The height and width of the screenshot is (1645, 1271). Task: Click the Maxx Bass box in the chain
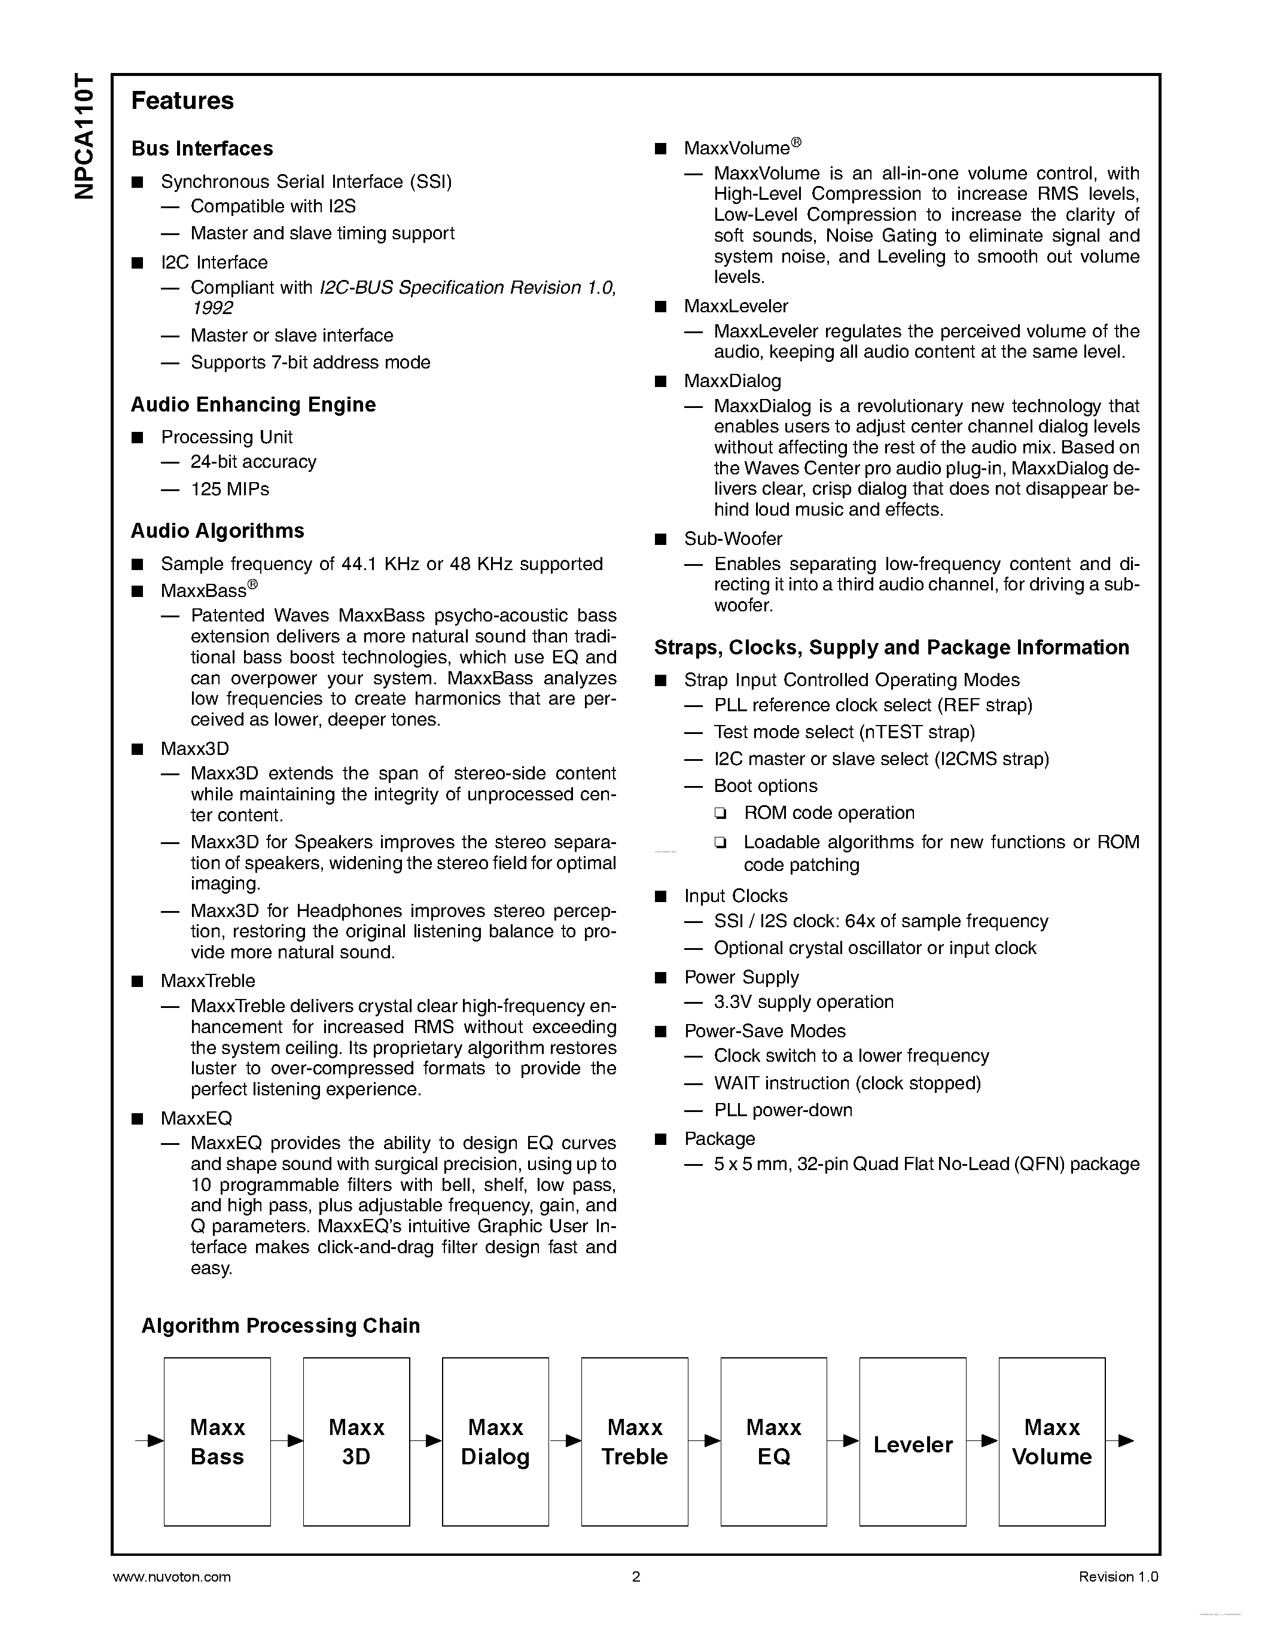[217, 1442]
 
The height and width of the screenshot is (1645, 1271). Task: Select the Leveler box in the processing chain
[913, 1442]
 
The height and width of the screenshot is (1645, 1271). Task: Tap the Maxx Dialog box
[495, 1442]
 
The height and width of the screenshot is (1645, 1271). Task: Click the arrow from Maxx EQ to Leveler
[843, 1441]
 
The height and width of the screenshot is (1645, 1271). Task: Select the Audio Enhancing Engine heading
[253, 404]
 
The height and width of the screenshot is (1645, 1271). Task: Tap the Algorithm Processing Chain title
[280, 1326]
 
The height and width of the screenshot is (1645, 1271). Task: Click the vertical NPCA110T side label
[85, 136]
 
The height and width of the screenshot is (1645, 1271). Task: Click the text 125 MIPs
[230, 489]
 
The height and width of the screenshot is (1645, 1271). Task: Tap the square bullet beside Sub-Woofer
[661, 540]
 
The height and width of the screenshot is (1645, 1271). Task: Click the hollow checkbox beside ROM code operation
[721, 814]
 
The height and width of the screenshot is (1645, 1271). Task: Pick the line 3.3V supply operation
[803, 1002]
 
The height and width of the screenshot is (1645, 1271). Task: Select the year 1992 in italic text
[212, 307]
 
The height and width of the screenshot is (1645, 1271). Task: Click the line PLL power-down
[783, 1110]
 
